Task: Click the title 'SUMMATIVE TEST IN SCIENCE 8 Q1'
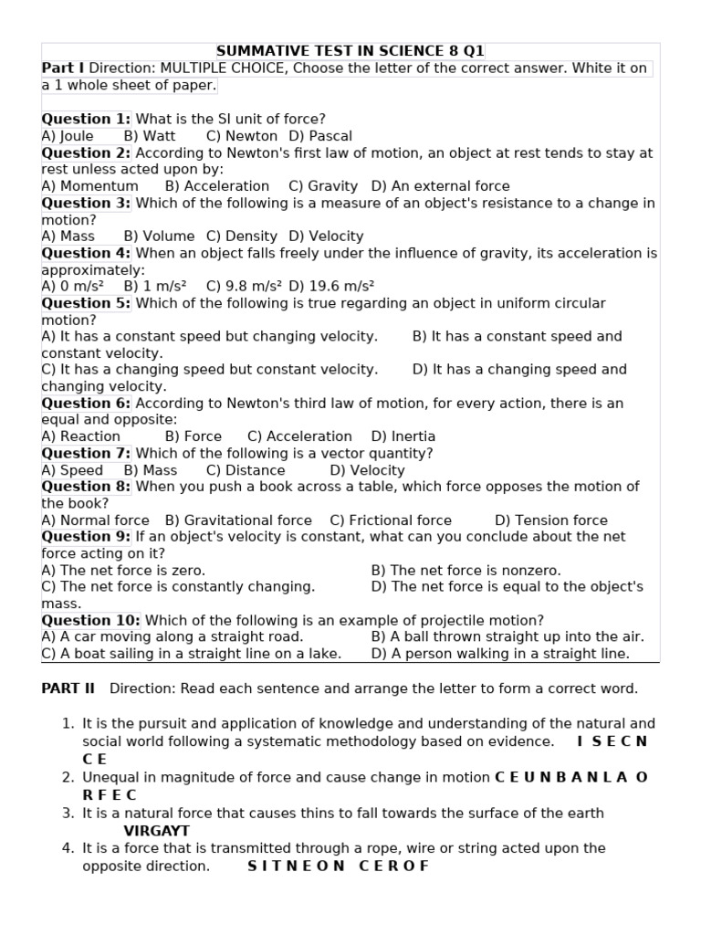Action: pyautogui.click(x=350, y=51)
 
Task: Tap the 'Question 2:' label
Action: pyautogui.click(x=86, y=152)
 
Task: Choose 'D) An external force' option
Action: pyautogui.click(x=441, y=186)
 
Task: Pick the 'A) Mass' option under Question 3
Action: pyautogui.click(x=68, y=236)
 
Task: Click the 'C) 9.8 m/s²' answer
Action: pyautogui.click(x=244, y=286)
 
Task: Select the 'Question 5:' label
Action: pyautogui.click(x=86, y=303)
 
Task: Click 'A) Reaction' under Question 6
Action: pyautogui.click(x=81, y=436)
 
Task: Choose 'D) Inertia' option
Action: pyautogui.click(x=403, y=436)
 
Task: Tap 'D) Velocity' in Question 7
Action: pyautogui.click(x=367, y=470)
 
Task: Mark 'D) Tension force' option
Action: pyautogui.click(x=551, y=520)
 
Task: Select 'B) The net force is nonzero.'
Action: pyautogui.click(x=466, y=571)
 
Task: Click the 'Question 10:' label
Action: pyautogui.click(x=90, y=621)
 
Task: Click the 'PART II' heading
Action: pyautogui.click(x=68, y=688)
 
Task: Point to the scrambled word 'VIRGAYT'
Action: pyautogui.click(x=157, y=831)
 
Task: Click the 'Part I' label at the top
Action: pyautogui.click(x=62, y=68)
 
